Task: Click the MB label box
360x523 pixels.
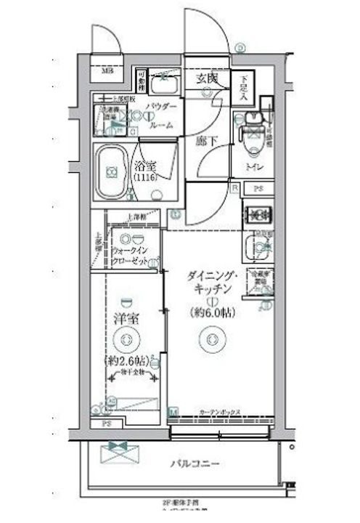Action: click(x=107, y=71)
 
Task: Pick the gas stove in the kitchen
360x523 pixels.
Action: click(x=258, y=214)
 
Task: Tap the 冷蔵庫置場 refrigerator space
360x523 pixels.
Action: click(x=261, y=280)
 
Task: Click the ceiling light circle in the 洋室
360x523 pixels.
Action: click(x=127, y=338)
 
